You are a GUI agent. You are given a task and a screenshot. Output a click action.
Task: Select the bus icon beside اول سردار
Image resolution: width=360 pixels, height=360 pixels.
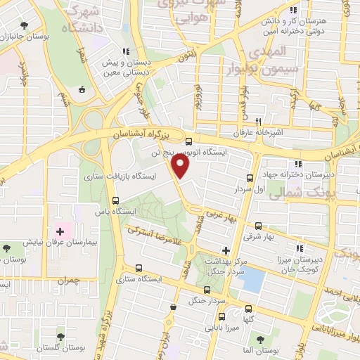click(250, 178)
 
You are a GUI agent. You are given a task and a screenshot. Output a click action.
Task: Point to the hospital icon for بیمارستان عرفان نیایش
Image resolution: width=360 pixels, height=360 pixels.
click(60, 231)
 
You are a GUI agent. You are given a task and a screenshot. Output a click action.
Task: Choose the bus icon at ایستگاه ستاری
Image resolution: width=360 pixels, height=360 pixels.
click(137, 268)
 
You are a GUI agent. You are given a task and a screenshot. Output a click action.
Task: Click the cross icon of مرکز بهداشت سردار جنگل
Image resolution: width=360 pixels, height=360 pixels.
click(225, 250)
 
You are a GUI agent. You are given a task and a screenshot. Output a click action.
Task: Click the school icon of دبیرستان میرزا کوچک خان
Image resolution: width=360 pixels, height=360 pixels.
click(300, 248)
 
